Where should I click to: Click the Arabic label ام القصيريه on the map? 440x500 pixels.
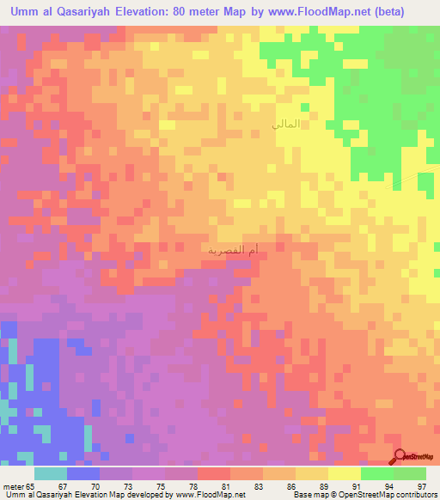pyautogui.click(x=234, y=250)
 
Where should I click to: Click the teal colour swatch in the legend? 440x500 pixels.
pyautogui.click(x=51, y=473)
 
